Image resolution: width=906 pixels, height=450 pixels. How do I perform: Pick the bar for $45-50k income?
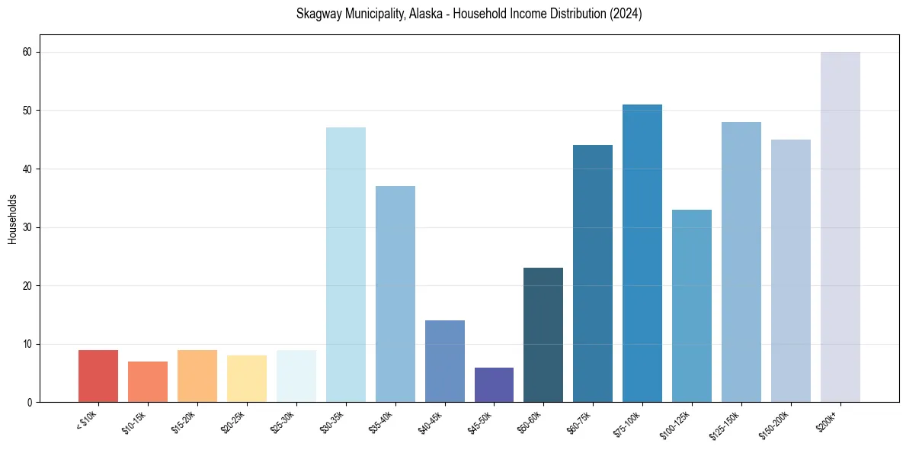tap(494, 384)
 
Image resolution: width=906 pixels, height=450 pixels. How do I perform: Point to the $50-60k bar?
tap(543, 335)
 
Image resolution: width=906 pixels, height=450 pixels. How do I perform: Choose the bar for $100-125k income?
tap(692, 306)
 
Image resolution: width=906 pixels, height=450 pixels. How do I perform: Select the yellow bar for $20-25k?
tap(247, 378)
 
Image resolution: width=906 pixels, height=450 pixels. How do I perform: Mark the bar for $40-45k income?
tap(445, 361)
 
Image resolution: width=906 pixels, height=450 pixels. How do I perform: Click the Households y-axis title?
tap(12, 219)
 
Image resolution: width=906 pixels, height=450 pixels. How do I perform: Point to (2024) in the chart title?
tap(626, 14)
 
